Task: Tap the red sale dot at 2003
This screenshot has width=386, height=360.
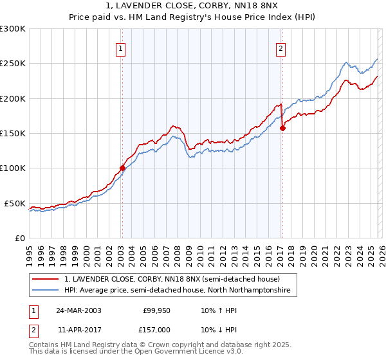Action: (x=122, y=168)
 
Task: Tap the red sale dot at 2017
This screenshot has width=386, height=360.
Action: (x=282, y=128)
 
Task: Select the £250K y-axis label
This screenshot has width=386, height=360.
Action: (x=13, y=64)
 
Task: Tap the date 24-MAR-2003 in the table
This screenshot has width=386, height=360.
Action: (x=83, y=310)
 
